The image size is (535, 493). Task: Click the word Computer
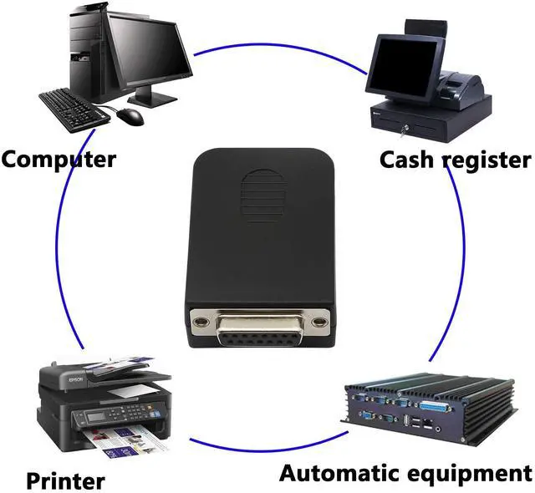click(x=59, y=158)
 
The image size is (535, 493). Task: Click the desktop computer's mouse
click(x=130, y=116)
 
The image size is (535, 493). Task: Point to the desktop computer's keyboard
click(x=74, y=105)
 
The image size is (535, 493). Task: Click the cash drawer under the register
click(x=426, y=121)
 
